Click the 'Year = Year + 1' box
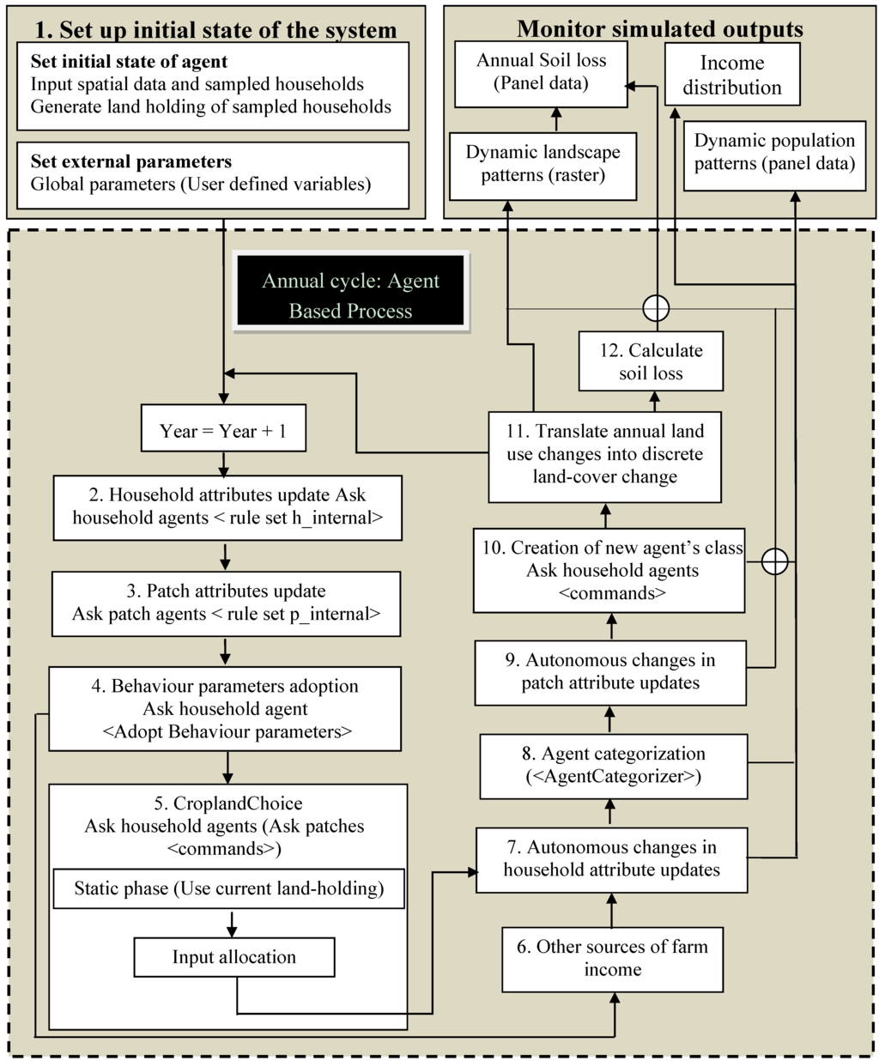pos(223,431)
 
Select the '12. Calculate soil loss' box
pos(651,361)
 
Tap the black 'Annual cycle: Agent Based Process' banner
pos(351,295)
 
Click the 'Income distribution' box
pos(732,75)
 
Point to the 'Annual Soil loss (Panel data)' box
pos(541,73)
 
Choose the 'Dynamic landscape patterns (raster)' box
pos(543,164)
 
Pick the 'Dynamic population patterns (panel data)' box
pos(774,153)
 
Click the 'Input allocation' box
pos(233,957)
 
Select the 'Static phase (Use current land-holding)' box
pos(228,888)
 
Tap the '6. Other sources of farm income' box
pos(612,958)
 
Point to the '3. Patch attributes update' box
pos(226,603)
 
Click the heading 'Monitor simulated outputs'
pos(659,29)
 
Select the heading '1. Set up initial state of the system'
pos(216,31)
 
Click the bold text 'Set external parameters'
pos(130,161)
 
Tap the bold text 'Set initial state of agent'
pos(129,62)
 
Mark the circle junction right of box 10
pos(775,561)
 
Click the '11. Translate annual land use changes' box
pos(604,454)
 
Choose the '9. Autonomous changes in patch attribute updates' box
pos(610,671)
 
